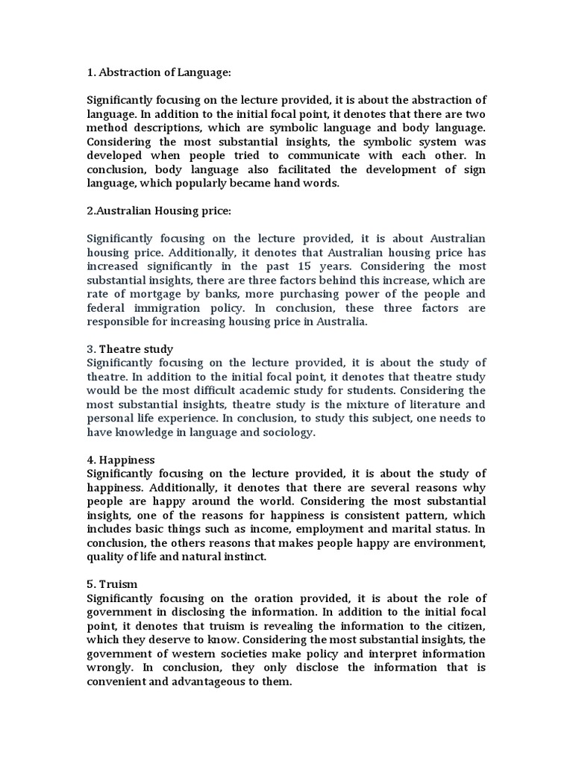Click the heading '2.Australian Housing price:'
coord(160,211)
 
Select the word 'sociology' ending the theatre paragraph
coord(284,432)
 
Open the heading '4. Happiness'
coord(121,460)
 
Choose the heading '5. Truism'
coord(113,584)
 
